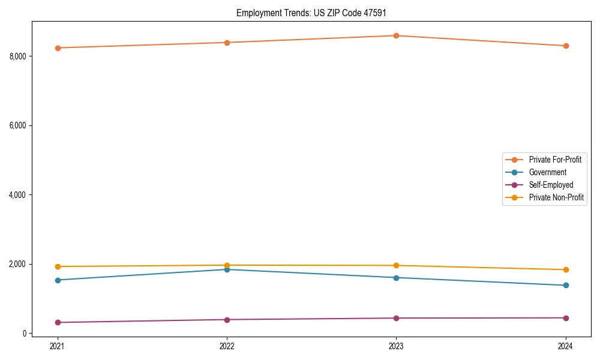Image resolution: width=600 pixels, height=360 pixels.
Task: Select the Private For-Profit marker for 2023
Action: (396, 35)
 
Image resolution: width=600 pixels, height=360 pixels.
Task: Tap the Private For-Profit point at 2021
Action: (58, 48)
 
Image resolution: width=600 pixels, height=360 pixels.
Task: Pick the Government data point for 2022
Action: (227, 269)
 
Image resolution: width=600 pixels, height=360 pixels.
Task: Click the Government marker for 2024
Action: (566, 285)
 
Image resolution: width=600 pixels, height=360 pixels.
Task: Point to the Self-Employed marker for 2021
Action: (58, 322)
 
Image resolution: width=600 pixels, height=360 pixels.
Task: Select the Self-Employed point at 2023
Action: (396, 318)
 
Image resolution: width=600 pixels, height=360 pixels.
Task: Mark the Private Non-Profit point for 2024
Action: (566, 269)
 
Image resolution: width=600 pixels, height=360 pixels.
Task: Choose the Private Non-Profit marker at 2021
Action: (58, 266)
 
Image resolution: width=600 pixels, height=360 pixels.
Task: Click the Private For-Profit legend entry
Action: (555, 160)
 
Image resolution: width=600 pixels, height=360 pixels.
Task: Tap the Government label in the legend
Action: (547, 172)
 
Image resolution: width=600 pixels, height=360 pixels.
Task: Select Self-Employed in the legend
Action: (551, 185)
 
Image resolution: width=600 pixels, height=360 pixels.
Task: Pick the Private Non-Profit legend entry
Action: (556, 197)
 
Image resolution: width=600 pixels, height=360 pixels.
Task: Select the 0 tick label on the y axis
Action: (24, 334)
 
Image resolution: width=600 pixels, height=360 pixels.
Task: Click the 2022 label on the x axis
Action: (227, 346)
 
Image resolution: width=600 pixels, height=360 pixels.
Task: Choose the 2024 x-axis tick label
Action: (566, 346)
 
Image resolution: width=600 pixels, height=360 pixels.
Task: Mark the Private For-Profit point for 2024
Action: (566, 46)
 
